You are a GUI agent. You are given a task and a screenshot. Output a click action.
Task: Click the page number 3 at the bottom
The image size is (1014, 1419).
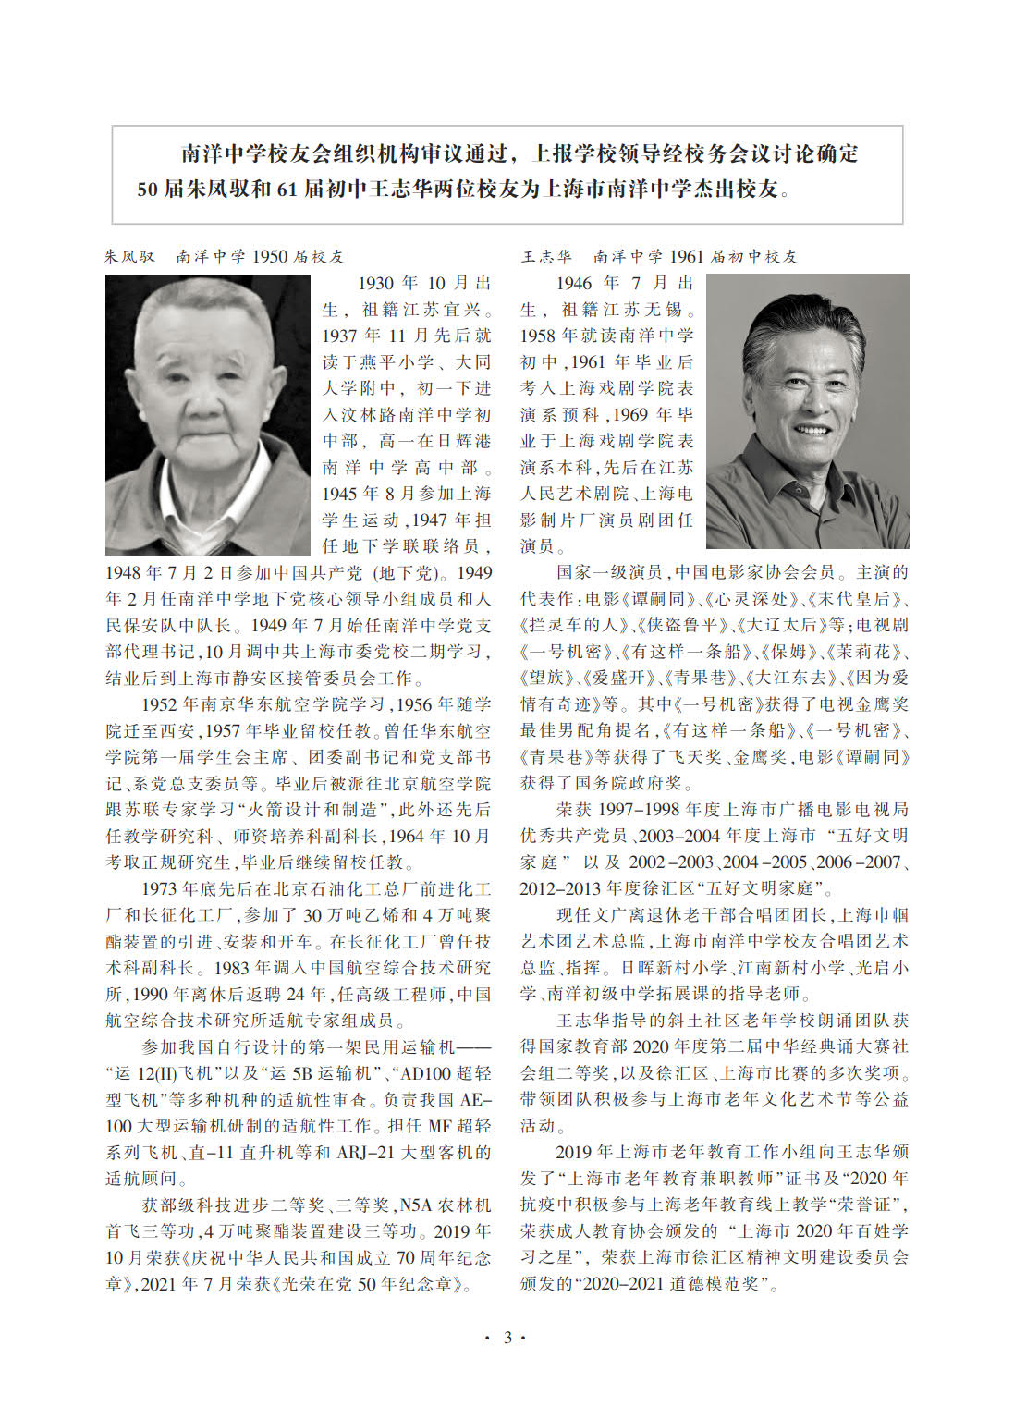click(507, 1338)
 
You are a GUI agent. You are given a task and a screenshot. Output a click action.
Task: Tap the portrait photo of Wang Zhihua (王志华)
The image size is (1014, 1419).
click(807, 410)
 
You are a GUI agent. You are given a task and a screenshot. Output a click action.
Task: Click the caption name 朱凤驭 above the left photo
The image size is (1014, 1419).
click(130, 256)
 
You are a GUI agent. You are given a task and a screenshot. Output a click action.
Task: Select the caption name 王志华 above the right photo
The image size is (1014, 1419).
click(546, 256)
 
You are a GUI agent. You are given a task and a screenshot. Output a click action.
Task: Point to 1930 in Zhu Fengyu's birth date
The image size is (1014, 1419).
click(376, 283)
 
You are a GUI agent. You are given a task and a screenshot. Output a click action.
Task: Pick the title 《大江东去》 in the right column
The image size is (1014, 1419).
click(787, 678)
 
